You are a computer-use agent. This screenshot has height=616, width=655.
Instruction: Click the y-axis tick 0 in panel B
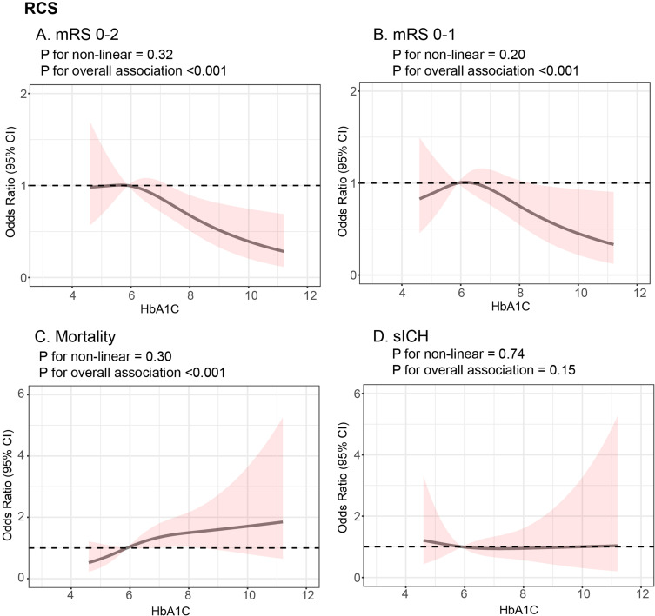(x=370, y=275)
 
